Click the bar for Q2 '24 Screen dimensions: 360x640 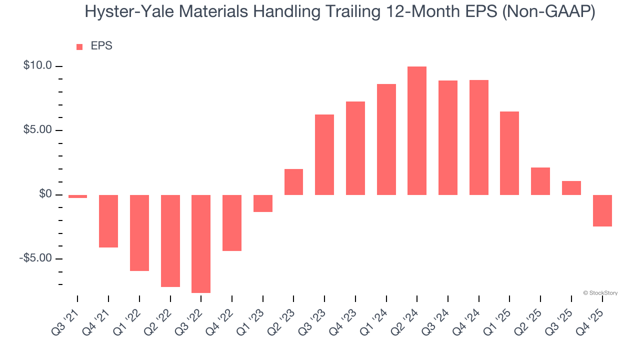[x=417, y=130]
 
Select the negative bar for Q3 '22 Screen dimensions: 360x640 [x=201, y=243]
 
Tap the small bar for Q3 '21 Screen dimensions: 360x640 [x=77, y=196]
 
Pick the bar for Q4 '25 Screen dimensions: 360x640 [x=602, y=210]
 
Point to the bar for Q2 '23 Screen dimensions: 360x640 [x=293, y=182]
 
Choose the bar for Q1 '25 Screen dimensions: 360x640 [x=509, y=153]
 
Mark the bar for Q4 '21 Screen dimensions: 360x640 [x=108, y=221]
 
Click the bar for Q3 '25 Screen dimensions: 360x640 [x=571, y=188]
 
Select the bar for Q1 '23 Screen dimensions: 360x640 [x=263, y=203]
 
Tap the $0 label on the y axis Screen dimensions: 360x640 [x=45, y=194]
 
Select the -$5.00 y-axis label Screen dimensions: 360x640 [x=35, y=258]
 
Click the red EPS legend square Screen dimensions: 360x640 [x=79, y=47]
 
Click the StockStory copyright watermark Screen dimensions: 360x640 [x=600, y=293]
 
